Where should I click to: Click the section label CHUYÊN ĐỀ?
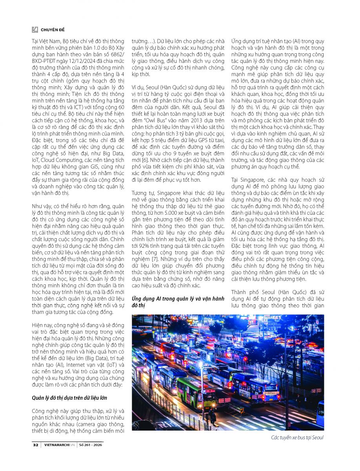[53, 30]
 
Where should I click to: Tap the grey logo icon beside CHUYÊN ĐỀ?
[35, 30]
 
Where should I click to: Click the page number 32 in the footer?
[35, 445]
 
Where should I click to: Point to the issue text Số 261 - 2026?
[91, 445]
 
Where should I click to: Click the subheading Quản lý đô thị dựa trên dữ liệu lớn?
[69, 398]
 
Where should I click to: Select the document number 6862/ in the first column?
[114, 55]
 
